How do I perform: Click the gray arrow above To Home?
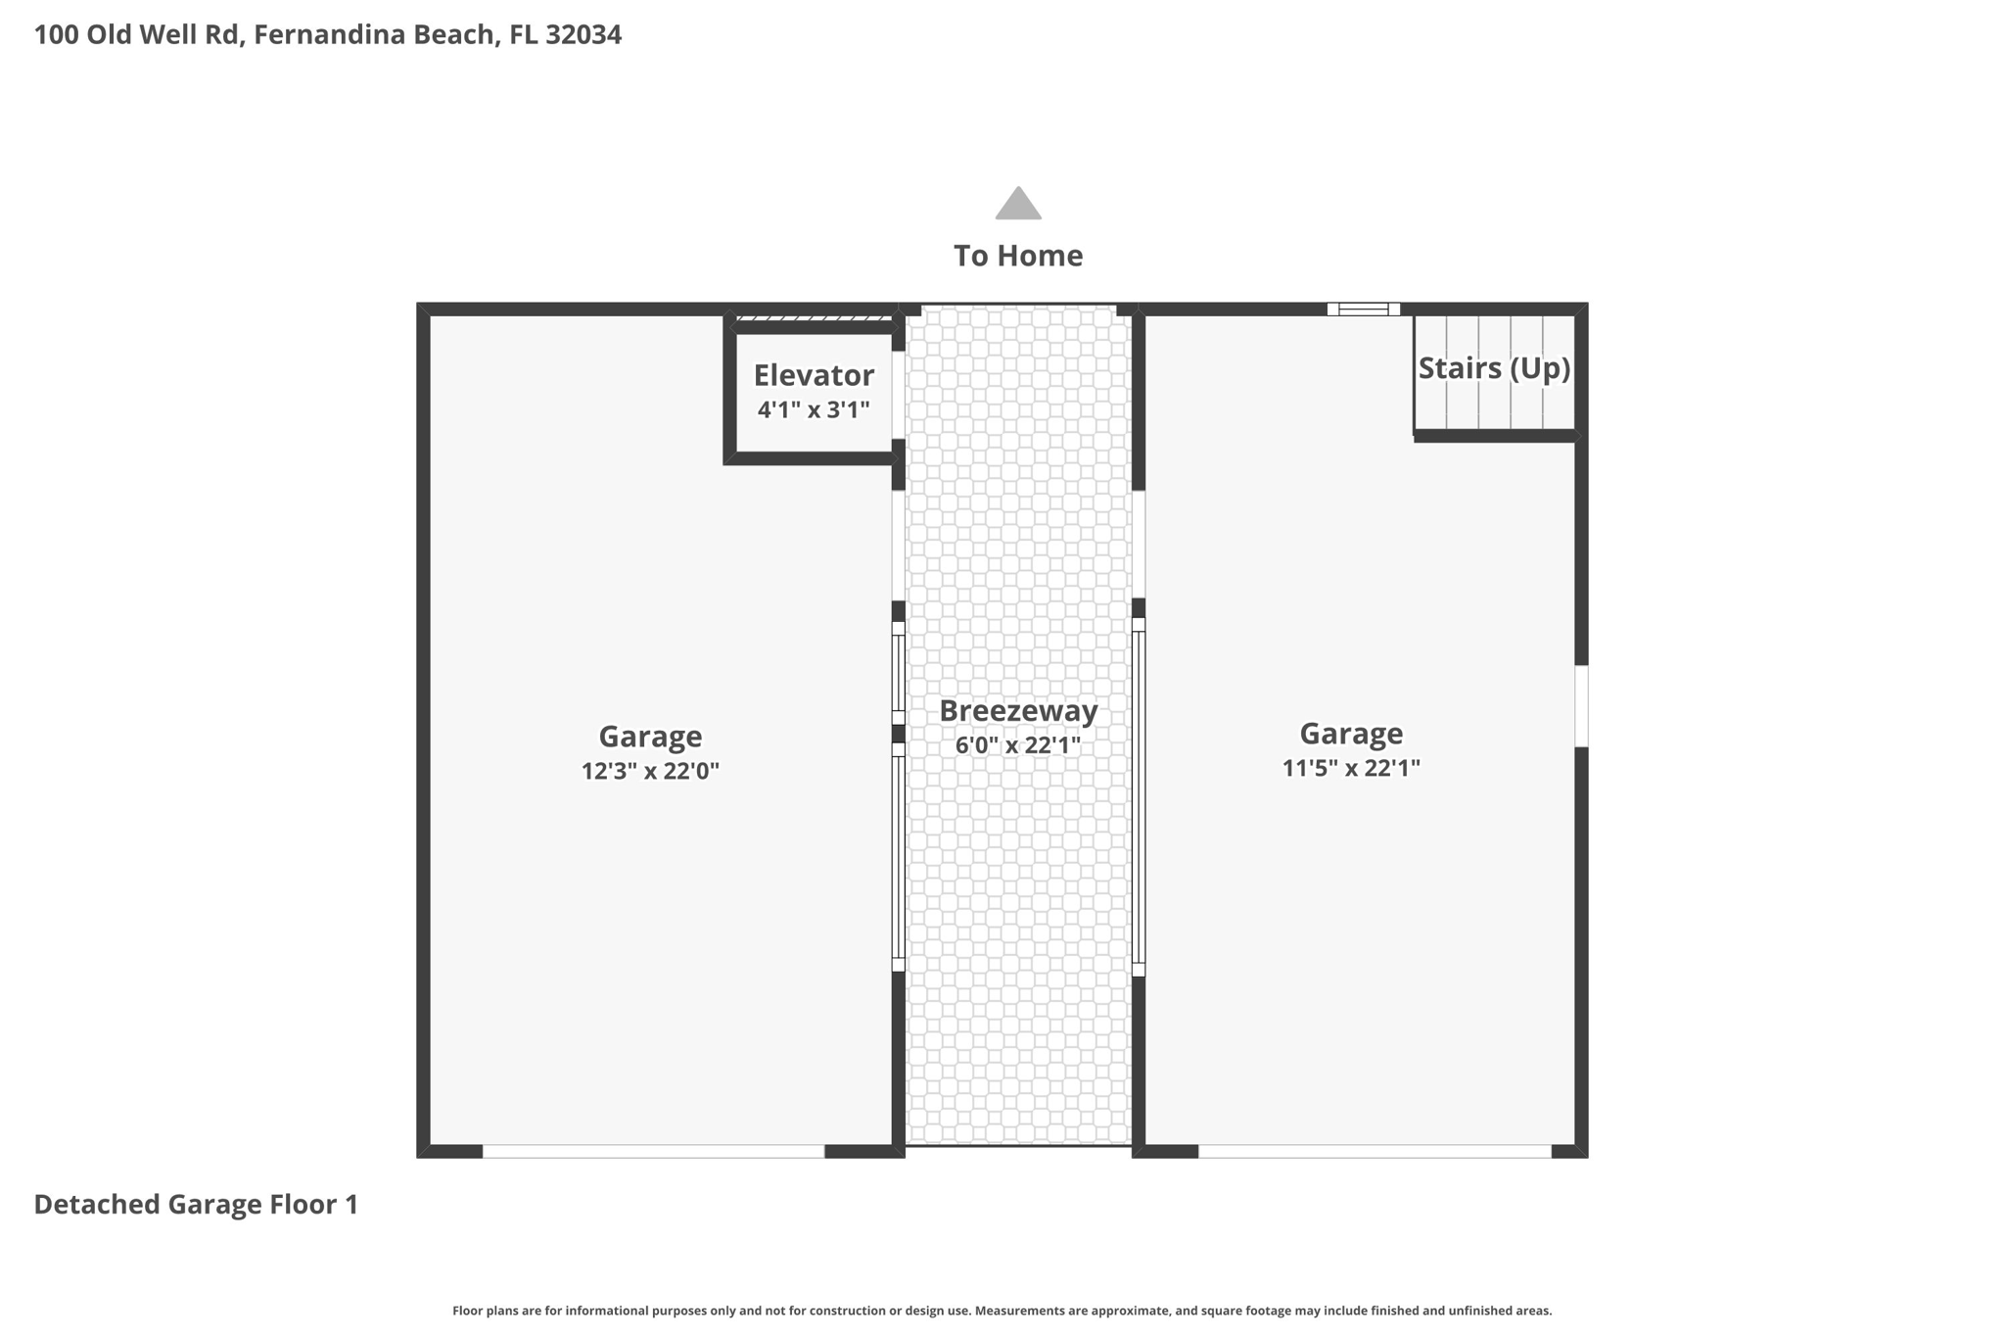click(x=1018, y=204)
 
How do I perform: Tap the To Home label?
click(x=1018, y=256)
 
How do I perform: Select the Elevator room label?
click(x=814, y=375)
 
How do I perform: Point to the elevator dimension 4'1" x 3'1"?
click(x=814, y=409)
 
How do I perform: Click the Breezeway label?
click(x=1018, y=711)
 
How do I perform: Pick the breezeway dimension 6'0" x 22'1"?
click(x=1018, y=745)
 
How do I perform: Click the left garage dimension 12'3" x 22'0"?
click(x=650, y=771)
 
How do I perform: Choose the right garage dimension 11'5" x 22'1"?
click(x=1351, y=768)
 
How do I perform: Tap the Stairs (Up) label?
click(x=1494, y=368)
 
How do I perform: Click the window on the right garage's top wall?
click(x=1363, y=310)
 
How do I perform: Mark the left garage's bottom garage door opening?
click(x=653, y=1151)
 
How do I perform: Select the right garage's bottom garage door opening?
click(x=1375, y=1151)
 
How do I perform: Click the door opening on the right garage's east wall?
click(x=1581, y=706)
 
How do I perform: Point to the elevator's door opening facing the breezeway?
click(x=898, y=395)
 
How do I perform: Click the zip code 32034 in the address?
click(x=583, y=34)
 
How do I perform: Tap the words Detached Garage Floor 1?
click(x=196, y=1204)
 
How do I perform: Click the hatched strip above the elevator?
click(x=814, y=317)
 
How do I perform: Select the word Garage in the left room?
click(x=650, y=737)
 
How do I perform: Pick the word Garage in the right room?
click(x=1351, y=734)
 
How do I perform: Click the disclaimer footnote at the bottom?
click(x=1002, y=1311)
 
